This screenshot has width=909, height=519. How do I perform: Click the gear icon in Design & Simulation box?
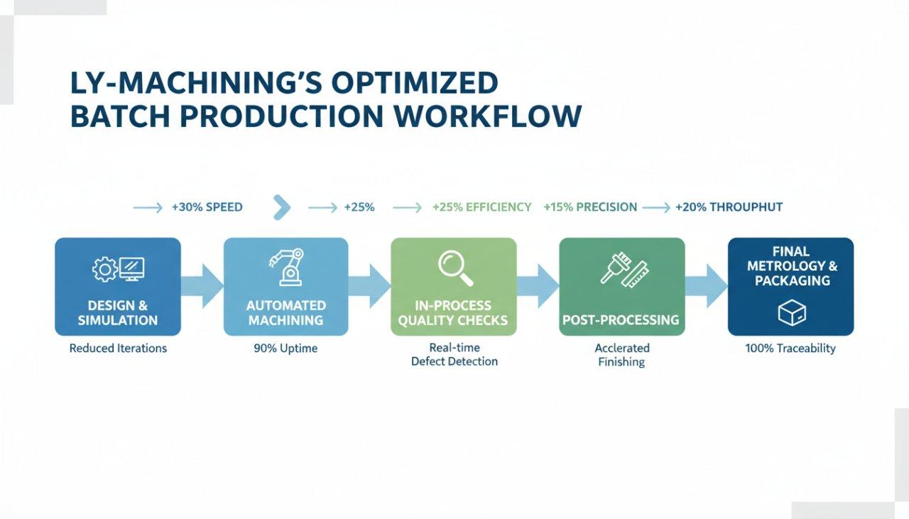click(x=104, y=268)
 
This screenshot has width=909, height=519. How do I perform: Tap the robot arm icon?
click(x=286, y=267)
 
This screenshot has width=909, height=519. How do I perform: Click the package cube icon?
click(x=791, y=312)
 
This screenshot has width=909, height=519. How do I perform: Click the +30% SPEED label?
click(x=207, y=207)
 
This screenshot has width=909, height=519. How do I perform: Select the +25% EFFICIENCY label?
click(x=481, y=207)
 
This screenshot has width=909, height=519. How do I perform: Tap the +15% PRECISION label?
click(x=589, y=207)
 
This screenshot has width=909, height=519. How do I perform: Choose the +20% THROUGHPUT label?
click(x=729, y=207)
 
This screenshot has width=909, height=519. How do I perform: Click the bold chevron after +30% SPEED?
click(x=282, y=207)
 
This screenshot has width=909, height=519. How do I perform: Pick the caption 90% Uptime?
click(x=285, y=349)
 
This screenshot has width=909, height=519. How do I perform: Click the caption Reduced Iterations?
click(x=118, y=349)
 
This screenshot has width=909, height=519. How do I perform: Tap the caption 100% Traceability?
click(x=790, y=349)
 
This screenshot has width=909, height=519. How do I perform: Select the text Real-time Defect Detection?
click(x=454, y=354)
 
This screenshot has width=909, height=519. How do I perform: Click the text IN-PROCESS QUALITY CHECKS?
click(x=454, y=313)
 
